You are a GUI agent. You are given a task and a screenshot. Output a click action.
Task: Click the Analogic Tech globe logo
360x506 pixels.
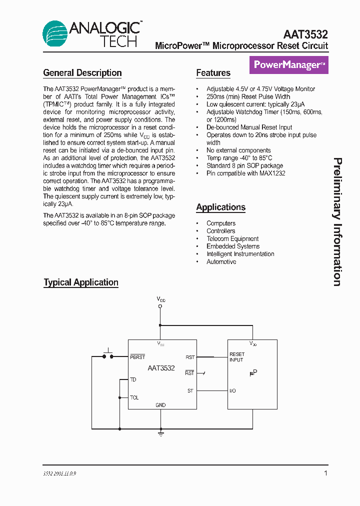55,34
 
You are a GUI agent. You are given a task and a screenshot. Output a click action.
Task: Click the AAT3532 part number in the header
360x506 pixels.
305,34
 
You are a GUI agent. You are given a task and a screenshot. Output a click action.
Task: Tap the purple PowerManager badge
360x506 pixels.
289,65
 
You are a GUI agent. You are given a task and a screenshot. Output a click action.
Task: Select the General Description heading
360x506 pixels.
82,73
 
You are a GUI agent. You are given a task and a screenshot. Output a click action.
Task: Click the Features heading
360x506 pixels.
213,73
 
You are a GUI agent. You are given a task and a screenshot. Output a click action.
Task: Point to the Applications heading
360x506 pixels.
220,207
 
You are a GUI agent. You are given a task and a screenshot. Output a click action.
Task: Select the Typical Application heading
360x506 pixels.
81,282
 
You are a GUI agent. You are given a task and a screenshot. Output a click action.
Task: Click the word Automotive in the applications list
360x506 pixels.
221,261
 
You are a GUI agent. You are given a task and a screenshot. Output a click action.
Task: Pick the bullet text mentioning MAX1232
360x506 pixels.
246,173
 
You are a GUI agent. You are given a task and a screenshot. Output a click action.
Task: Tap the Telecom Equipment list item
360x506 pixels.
232,238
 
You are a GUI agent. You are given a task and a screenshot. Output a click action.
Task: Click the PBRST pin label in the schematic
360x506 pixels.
137,357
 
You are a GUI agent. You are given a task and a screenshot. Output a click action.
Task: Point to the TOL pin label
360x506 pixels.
134,397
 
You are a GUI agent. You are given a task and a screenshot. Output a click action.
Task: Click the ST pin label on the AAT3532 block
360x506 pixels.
190,390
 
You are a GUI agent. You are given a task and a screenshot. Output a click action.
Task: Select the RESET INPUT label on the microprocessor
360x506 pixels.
237,357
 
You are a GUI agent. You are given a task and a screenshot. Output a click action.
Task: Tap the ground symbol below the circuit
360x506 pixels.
160,433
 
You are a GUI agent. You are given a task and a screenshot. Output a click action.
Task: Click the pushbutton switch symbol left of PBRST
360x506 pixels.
108,354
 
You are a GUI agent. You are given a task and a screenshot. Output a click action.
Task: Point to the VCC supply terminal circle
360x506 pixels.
160,306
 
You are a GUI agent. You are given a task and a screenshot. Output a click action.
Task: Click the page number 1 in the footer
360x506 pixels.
326,473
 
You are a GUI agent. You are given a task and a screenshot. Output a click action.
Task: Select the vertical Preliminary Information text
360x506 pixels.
338,222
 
